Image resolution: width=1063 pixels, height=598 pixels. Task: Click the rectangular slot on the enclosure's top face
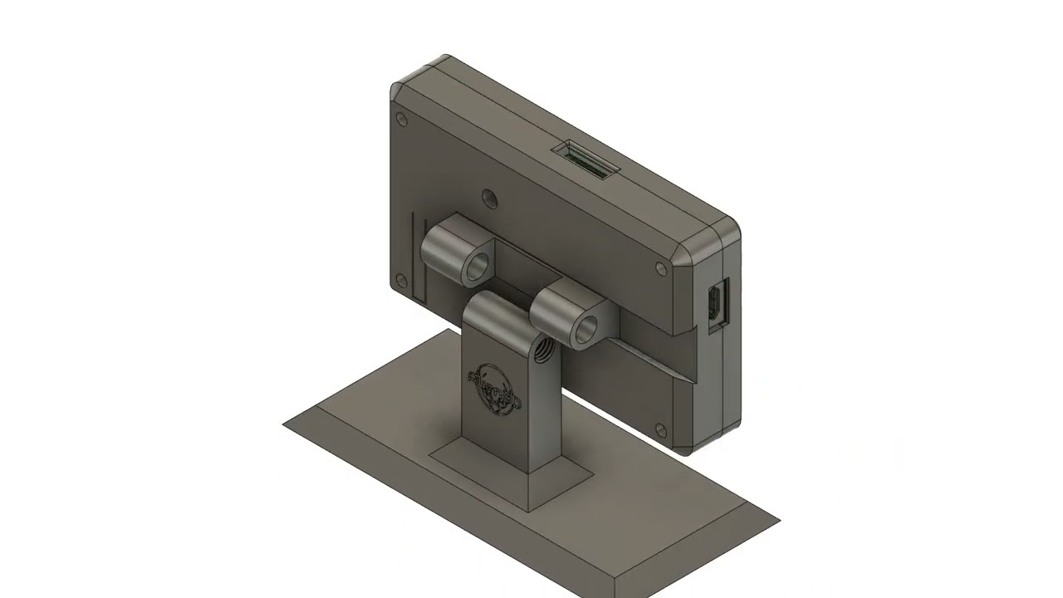point(587,161)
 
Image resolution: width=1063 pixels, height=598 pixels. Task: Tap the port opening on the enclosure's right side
point(715,303)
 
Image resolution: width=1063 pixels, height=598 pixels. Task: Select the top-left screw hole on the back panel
point(402,120)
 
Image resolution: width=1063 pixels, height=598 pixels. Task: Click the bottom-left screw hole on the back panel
point(401,279)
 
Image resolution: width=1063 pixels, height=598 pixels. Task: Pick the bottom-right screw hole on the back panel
point(660,430)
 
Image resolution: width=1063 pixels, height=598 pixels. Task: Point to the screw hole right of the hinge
point(661,268)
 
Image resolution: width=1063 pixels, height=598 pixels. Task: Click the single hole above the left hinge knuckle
point(489,199)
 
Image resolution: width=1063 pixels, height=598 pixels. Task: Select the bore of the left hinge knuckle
point(477,266)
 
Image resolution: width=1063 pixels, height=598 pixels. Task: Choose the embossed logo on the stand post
point(495,387)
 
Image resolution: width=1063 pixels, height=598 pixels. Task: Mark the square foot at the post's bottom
point(511,473)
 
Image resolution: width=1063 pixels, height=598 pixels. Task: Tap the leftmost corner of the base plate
point(285,424)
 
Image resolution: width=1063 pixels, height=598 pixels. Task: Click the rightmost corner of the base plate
point(777,522)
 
